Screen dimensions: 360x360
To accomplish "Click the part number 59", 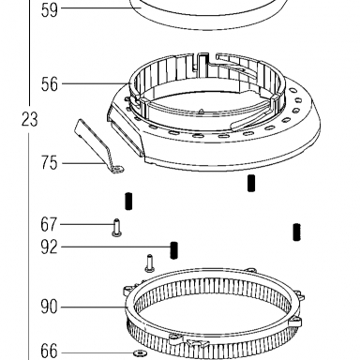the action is (50, 10).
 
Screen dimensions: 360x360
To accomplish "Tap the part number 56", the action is (50, 84).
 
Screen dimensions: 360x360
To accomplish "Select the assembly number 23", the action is (30, 119).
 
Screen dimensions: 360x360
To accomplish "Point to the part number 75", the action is (50, 163).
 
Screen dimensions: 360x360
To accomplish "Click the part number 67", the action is (49, 225).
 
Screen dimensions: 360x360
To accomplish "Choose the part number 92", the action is (49, 247).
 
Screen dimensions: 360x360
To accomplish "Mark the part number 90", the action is (49, 307).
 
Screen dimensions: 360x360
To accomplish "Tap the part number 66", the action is (49, 351).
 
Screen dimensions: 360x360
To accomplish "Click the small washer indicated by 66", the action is (140, 353).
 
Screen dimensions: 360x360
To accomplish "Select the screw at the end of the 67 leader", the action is (117, 228).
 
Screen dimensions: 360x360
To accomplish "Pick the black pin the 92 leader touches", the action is (174, 250).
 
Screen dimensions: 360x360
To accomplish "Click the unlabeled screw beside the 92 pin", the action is (150, 263).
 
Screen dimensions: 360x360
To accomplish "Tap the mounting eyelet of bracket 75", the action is (118, 170).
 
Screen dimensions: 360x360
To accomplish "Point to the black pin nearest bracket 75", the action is (128, 202).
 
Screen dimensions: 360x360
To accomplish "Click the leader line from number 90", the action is (93, 307).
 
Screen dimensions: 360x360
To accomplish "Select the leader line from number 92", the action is (115, 247).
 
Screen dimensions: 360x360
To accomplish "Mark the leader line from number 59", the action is (101, 7).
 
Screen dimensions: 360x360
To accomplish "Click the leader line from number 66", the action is (97, 353).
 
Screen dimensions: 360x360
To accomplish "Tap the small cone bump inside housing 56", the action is (202, 111).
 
